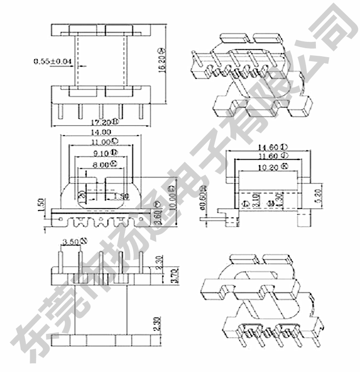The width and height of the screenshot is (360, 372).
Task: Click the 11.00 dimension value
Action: [102, 142]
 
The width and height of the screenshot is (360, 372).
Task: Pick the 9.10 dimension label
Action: [103, 153]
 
